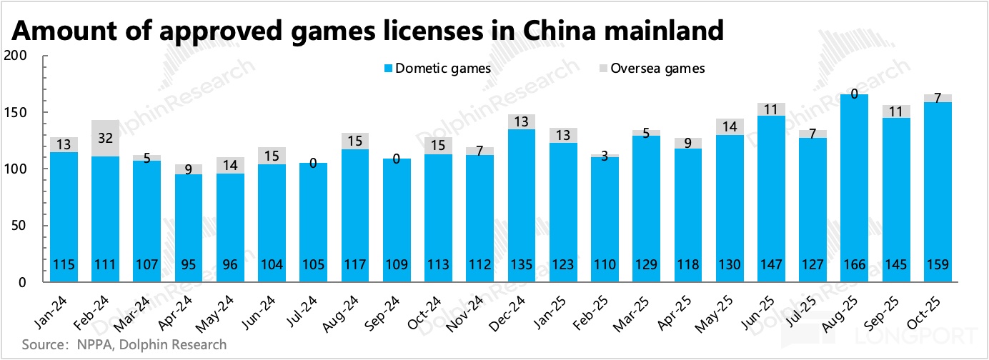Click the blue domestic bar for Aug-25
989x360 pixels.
854,186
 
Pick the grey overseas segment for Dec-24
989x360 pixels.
522,121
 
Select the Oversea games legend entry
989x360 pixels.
652,69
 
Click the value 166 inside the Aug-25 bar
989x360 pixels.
854,265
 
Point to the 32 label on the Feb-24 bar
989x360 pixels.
106,137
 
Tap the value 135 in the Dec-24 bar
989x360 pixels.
522,265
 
